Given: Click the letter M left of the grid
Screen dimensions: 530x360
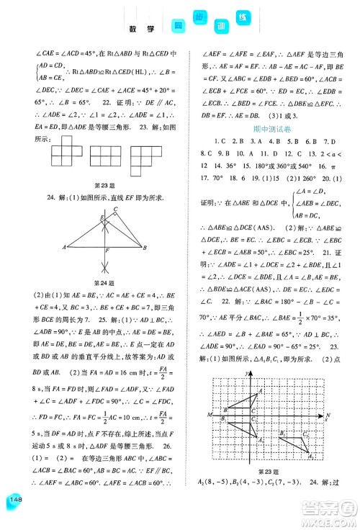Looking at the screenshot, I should [207, 415].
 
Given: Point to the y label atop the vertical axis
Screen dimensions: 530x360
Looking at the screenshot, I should [248, 372].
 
